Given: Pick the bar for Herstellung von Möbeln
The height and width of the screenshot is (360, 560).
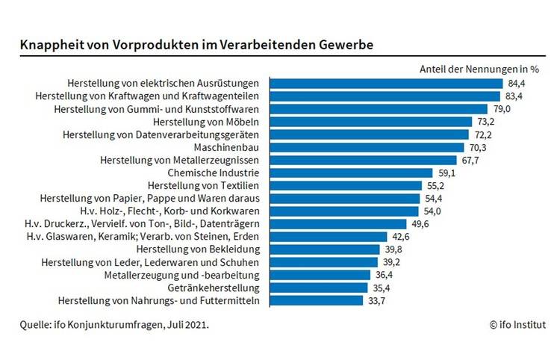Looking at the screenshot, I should [370, 122].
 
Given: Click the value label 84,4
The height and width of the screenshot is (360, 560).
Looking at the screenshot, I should [517, 83].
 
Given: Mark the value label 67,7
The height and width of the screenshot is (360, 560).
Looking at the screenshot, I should [471, 160].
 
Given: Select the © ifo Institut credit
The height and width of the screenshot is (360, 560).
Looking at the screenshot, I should [517, 324].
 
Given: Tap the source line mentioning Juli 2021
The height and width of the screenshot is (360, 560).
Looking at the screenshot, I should [114, 324].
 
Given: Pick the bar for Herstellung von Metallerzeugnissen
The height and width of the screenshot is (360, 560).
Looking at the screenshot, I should [363, 160].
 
